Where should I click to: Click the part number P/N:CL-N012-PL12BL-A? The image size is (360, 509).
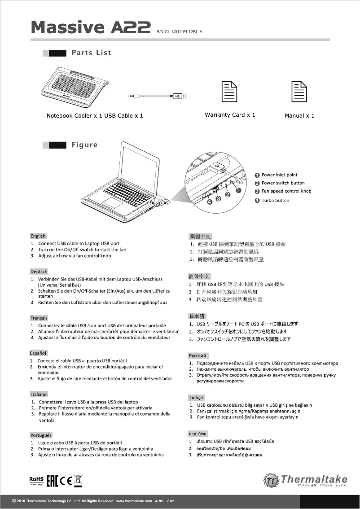pyautogui.click(x=180, y=32)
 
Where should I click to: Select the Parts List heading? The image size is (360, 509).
pyautogui.click(x=91, y=53)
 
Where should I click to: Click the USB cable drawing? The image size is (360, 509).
pyautogui.click(x=157, y=96)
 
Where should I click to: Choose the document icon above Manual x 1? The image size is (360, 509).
pyautogui.click(x=299, y=92)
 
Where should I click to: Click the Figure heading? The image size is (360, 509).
pyautogui.click(x=84, y=145)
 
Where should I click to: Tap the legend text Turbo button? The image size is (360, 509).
pyautogui.click(x=276, y=201)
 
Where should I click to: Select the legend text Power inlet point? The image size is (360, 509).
pyautogui.click(x=279, y=175)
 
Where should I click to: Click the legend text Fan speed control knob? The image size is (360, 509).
pyautogui.click(x=286, y=191)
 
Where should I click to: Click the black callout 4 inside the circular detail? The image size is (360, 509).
pyautogui.click(x=209, y=202)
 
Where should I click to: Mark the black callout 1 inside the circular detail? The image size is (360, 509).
pyautogui.click(x=238, y=190)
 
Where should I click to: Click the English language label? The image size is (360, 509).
pyautogui.click(x=38, y=236)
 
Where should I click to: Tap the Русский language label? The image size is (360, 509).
pyautogui.click(x=198, y=355)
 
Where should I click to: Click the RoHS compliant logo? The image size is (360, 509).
pyautogui.click(x=36, y=481)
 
